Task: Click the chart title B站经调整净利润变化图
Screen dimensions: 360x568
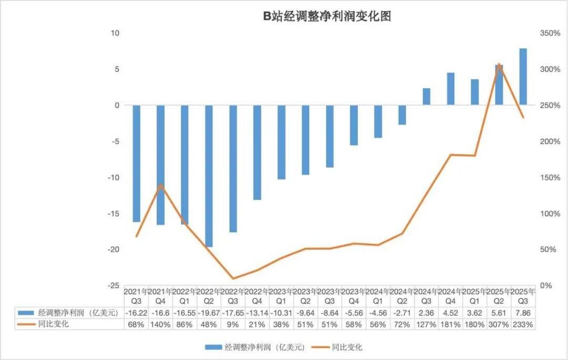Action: point(327,16)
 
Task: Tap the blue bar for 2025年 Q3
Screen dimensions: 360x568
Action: point(523,77)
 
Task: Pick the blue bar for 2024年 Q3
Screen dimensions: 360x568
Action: point(427,97)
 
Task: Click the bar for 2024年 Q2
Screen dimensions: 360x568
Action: point(402,115)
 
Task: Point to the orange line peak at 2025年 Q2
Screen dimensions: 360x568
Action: point(499,64)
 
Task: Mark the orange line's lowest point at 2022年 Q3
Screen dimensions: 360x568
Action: point(233,279)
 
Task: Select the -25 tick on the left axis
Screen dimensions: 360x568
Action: point(113,286)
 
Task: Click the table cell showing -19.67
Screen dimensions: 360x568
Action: point(209,314)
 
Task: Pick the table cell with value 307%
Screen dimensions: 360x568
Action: point(499,325)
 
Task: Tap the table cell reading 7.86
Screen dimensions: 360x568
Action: point(523,314)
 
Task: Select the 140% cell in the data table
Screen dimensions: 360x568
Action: point(160,325)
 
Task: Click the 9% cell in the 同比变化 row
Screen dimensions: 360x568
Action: point(233,325)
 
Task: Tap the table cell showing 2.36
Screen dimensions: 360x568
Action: point(427,314)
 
